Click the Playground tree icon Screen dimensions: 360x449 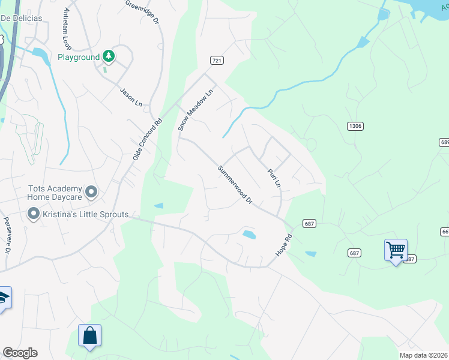tap(109, 57)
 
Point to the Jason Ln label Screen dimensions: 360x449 tap(131, 97)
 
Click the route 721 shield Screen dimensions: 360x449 tap(217, 61)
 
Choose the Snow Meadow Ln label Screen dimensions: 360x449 tap(196, 110)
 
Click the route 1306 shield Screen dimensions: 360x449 tap(355, 126)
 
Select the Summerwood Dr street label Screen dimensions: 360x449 tap(235, 185)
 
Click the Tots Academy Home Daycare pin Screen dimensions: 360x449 tap(91, 192)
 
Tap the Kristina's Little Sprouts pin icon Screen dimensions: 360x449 tap(34, 214)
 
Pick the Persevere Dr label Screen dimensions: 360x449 tap(7, 235)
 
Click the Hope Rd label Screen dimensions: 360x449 tap(283, 246)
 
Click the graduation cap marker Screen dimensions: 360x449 tap(3, 298)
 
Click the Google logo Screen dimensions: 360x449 tap(20, 353)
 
